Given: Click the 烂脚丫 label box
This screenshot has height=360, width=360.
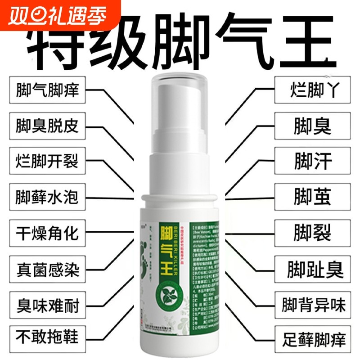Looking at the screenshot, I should tap(313, 90).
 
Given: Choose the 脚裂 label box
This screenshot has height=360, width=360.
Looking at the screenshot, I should tap(313, 234).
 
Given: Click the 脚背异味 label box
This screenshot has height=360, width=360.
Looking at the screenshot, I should tap(313, 307).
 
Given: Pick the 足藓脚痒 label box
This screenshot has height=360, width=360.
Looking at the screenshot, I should tap(313, 336).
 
